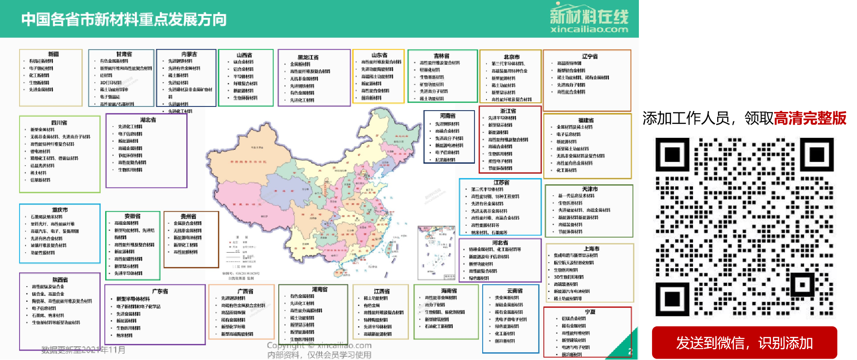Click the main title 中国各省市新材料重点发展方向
pos(124,20)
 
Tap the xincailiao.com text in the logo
pos(589,30)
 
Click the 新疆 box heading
pos(53,54)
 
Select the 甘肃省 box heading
pos(123,54)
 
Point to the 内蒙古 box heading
pos(189,54)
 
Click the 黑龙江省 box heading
pos(308,57)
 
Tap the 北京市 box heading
pos(511,57)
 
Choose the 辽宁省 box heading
pos(590,56)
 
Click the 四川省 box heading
pos(59,123)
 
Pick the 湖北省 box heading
pos(148,120)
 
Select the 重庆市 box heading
pos(60,210)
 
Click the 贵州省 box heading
pos(188,217)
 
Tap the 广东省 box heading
pos(160,291)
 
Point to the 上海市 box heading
pos(592,249)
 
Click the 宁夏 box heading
pos(590,312)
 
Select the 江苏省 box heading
pos(501,183)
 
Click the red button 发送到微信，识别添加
pos(744,343)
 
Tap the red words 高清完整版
pos(810,118)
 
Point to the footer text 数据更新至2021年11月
pos(83,350)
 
